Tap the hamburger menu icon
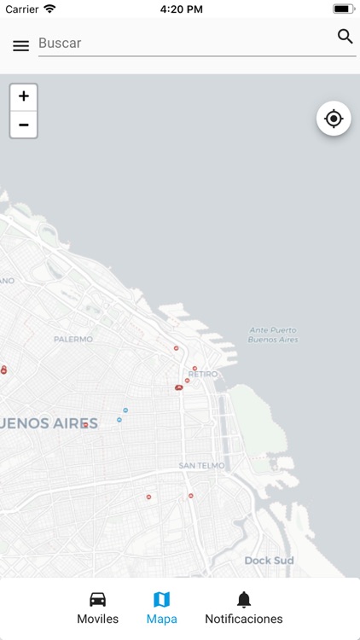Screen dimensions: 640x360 (x=20, y=46)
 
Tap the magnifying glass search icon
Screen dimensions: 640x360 (x=345, y=36)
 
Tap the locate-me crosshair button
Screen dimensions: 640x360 (x=334, y=119)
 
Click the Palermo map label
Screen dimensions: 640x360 (x=73, y=339)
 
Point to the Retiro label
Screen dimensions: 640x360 (x=203, y=374)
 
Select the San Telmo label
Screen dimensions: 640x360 (x=202, y=466)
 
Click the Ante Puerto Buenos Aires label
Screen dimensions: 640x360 (x=271, y=335)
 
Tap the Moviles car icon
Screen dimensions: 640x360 (x=98, y=599)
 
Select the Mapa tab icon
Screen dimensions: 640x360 (x=162, y=599)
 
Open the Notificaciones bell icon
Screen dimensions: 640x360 (x=244, y=599)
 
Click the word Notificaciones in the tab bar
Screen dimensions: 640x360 (x=244, y=620)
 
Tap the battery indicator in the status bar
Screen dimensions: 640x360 (x=344, y=9)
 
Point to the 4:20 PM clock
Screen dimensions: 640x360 (x=179, y=9)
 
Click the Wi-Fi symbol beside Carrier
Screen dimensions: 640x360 (x=49, y=9)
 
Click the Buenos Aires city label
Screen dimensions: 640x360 (x=49, y=422)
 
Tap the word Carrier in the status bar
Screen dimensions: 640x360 (x=21, y=9)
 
